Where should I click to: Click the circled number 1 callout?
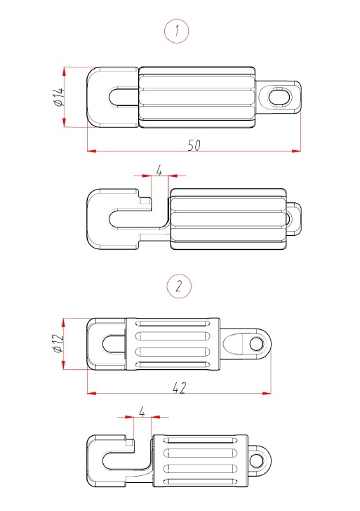[177, 31]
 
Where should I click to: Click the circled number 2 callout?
[179, 286]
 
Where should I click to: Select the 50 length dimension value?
[194, 145]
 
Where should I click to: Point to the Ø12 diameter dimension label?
[58, 343]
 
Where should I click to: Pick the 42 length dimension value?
[180, 387]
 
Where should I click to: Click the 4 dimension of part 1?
[159, 170]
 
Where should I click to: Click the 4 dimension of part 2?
[142, 412]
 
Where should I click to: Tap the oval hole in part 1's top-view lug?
[279, 97]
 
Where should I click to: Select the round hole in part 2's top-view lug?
[257, 344]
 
